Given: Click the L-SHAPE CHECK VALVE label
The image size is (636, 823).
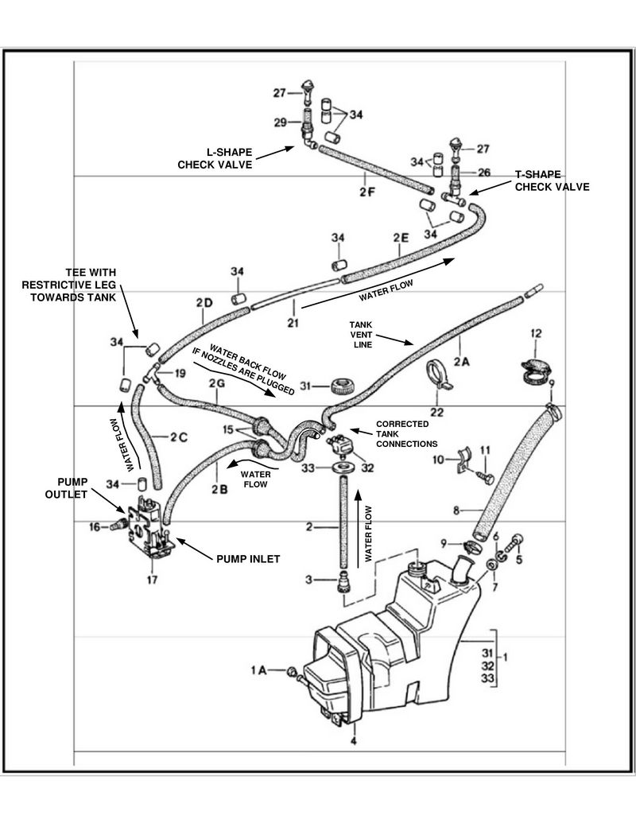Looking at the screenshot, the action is [214, 158].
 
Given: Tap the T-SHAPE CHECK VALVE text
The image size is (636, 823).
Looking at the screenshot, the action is [552, 181].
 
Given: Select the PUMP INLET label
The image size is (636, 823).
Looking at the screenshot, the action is [248, 559].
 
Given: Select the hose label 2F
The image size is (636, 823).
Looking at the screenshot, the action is [366, 191].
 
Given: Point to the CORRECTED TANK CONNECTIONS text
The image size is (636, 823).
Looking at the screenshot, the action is [405, 433].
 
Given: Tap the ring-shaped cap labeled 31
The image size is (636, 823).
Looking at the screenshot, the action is [340, 388].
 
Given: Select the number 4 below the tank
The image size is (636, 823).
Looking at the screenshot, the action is [353, 740].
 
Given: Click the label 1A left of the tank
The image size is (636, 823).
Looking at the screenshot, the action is [259, 671].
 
